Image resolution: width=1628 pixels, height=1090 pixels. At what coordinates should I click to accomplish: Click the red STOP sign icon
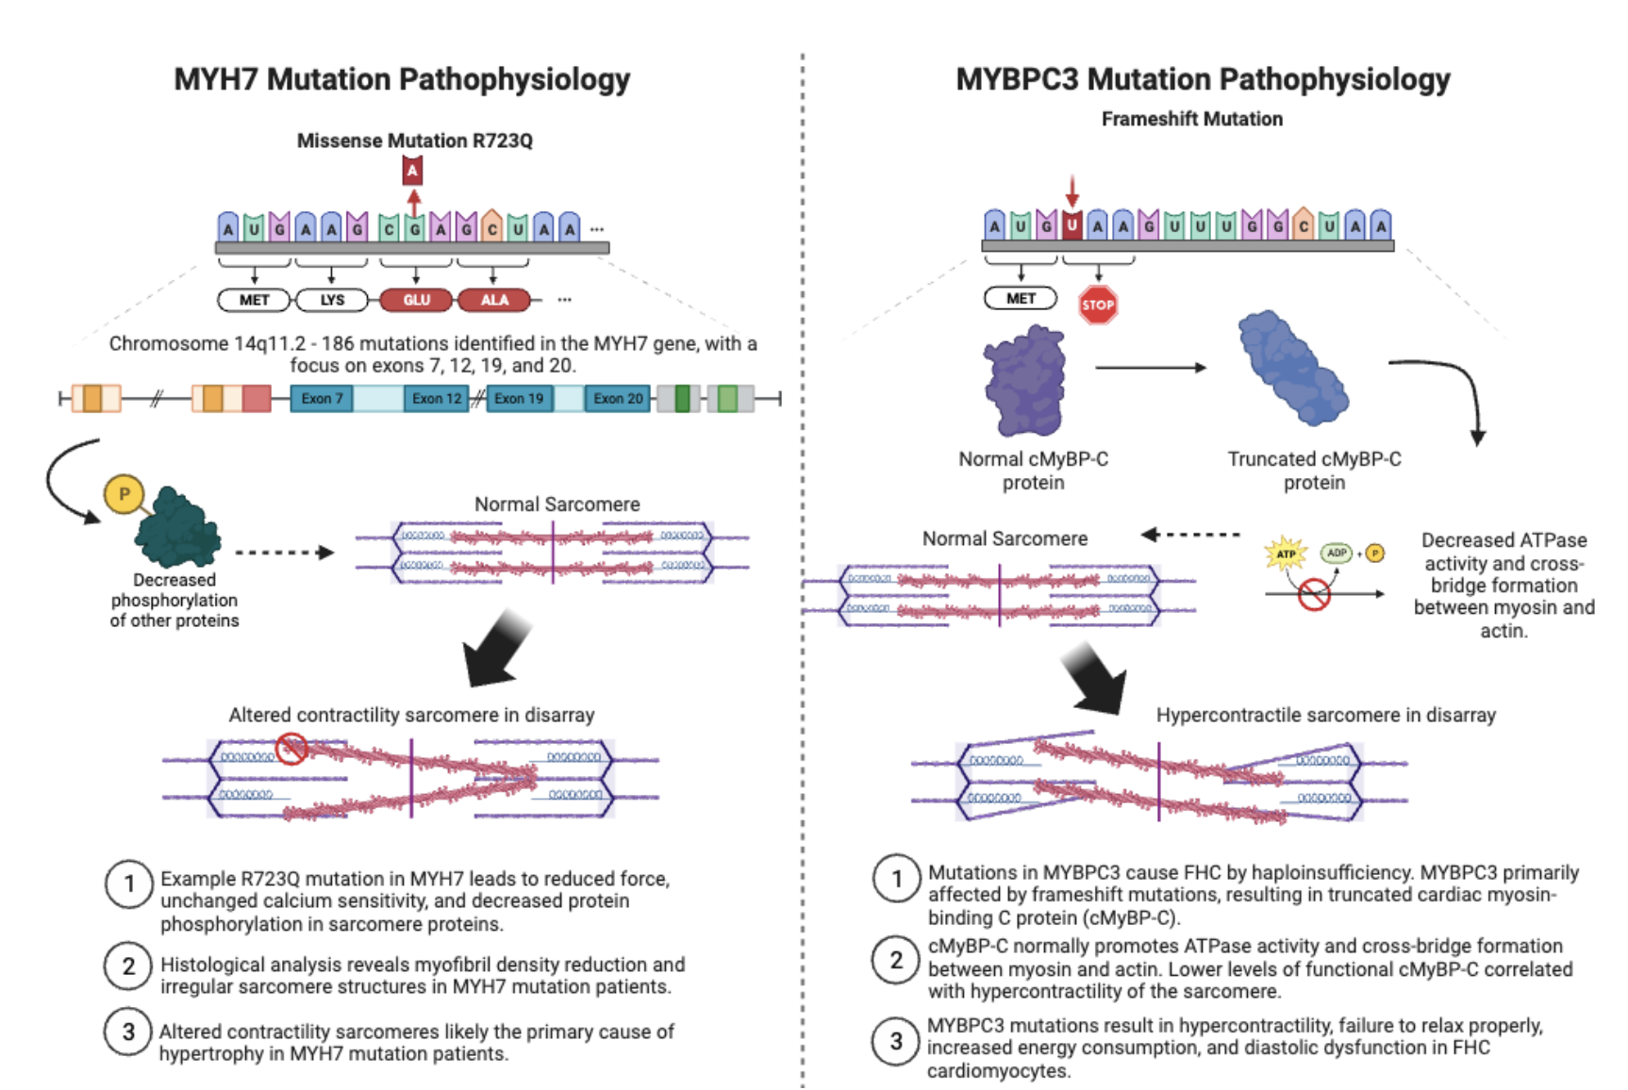coord(1097,305)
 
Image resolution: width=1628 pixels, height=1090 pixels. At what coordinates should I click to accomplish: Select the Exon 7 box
coord(322,399)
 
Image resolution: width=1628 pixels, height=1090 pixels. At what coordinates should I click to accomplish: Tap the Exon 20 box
coord(618,399)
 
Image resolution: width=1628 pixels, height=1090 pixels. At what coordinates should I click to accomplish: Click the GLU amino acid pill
coord(416,300)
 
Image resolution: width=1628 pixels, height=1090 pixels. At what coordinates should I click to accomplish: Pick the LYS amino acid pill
coord(332,300)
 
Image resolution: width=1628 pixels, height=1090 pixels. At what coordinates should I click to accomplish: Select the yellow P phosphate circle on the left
coord(124,494)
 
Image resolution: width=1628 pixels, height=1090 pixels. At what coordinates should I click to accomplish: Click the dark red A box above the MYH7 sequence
coord(412,171)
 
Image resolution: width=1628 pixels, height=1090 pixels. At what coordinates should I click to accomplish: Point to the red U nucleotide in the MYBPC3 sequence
coord(1071,225)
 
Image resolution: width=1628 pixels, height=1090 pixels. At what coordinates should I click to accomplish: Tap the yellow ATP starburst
coord(1286,553)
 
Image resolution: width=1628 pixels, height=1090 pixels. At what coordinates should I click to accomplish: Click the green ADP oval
coord(1337,553)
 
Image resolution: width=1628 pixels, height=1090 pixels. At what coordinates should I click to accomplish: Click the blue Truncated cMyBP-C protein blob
coord(1293,368)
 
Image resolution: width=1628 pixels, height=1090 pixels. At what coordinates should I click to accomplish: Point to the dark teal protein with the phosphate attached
coord(178,529)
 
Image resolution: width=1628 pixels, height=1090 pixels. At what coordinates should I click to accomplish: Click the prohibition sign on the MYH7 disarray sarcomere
coord(291,749)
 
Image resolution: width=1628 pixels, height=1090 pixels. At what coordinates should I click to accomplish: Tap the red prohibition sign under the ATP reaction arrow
coord(1314,594)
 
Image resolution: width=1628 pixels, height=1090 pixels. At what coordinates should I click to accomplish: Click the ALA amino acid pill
coord(494,300)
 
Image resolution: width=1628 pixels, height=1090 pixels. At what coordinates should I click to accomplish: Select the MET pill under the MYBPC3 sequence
coord(1021,298)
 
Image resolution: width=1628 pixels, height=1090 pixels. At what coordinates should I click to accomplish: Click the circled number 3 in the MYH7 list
coord(129,1032)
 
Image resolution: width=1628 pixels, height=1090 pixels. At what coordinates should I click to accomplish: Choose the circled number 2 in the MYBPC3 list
coord(896,960)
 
